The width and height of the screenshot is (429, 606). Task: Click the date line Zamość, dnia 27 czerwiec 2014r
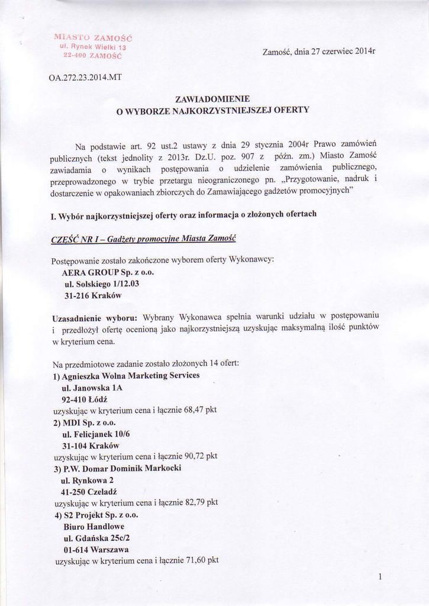[x=318, y=51]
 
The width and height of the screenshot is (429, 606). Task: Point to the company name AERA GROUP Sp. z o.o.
[x=108, y=272]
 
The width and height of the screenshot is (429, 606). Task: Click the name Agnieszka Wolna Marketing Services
[x=127, y=376]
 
